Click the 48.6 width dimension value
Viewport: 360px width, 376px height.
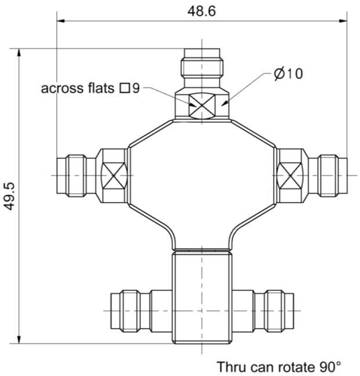tap(202, 11)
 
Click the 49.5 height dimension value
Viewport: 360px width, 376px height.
tap(10, 196)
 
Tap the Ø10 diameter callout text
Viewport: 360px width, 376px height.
tap(288, 74)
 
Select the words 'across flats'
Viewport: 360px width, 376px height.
tap(77, 88)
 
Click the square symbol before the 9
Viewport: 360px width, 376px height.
tap(125, 88)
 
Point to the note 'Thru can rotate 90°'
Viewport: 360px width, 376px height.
tap(279, 367)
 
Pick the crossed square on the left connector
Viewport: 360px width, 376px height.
tap(114, 176)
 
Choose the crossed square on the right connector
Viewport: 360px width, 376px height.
tap(290, 176)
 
